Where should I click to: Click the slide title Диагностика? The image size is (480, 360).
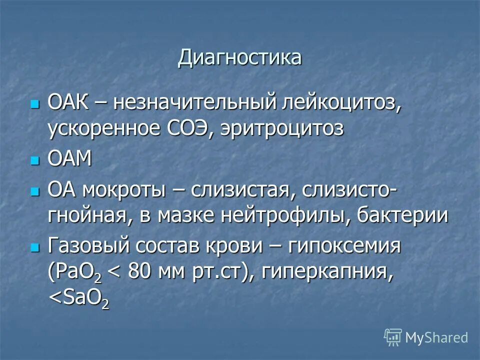coord(240,57)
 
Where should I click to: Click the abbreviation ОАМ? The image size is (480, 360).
coord(70,159)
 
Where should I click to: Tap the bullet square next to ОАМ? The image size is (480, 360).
coord(34,160)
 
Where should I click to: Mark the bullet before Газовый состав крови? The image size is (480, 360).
coord(34,247)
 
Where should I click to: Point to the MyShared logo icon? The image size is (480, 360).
coord(393,337)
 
